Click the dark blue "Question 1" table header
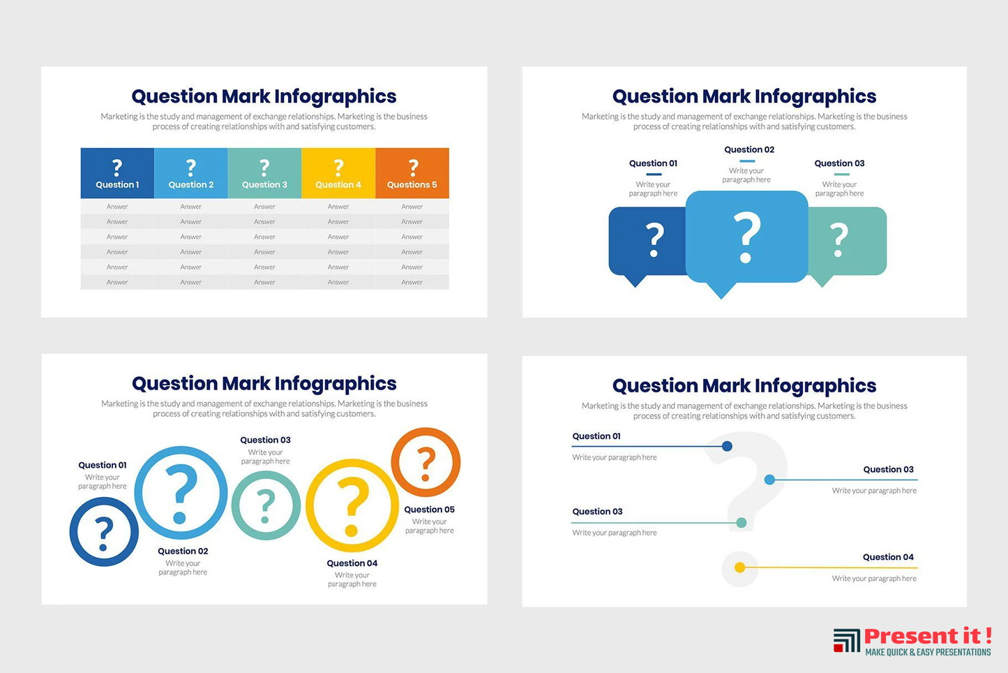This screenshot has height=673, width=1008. [117, 173]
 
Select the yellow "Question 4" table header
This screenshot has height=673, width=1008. [338, 173]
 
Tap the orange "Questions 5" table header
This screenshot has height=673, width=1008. [412, 173]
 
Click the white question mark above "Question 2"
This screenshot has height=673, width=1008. [191, 168]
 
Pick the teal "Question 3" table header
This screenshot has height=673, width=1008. [264, 173]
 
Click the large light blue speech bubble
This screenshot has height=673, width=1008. [747, 239]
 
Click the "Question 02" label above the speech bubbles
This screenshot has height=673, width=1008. [749, 149]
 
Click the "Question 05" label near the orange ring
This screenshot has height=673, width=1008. [429, 510]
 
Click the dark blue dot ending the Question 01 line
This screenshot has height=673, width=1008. [727, 446]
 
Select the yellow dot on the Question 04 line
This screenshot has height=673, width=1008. [740, 568]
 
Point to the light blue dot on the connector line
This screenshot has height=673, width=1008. [769, 480]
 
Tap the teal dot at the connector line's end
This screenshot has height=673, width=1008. [742, 522]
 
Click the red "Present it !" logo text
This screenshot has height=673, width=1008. [928, 636]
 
